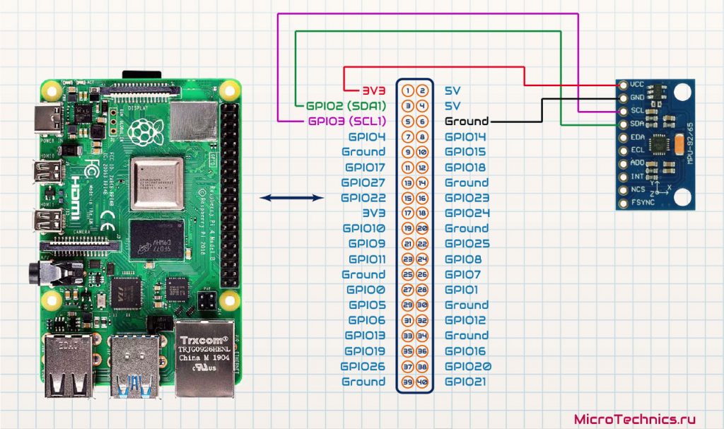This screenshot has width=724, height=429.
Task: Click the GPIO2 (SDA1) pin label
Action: click(x=345, y=106)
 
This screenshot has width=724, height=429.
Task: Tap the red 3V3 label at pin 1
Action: click(x=374, y=90)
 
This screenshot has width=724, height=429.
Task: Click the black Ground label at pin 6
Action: click(x=467, y=121)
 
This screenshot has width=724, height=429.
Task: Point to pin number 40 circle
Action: click(x=422, y=382)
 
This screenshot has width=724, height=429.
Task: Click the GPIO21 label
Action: click(x=466, y=382)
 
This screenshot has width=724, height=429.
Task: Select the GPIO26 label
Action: click(x=363, y=366)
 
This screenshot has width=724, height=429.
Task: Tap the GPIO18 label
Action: click(x=466, y=167)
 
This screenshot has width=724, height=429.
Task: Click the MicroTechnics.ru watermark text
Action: click(x=630, y=418)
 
